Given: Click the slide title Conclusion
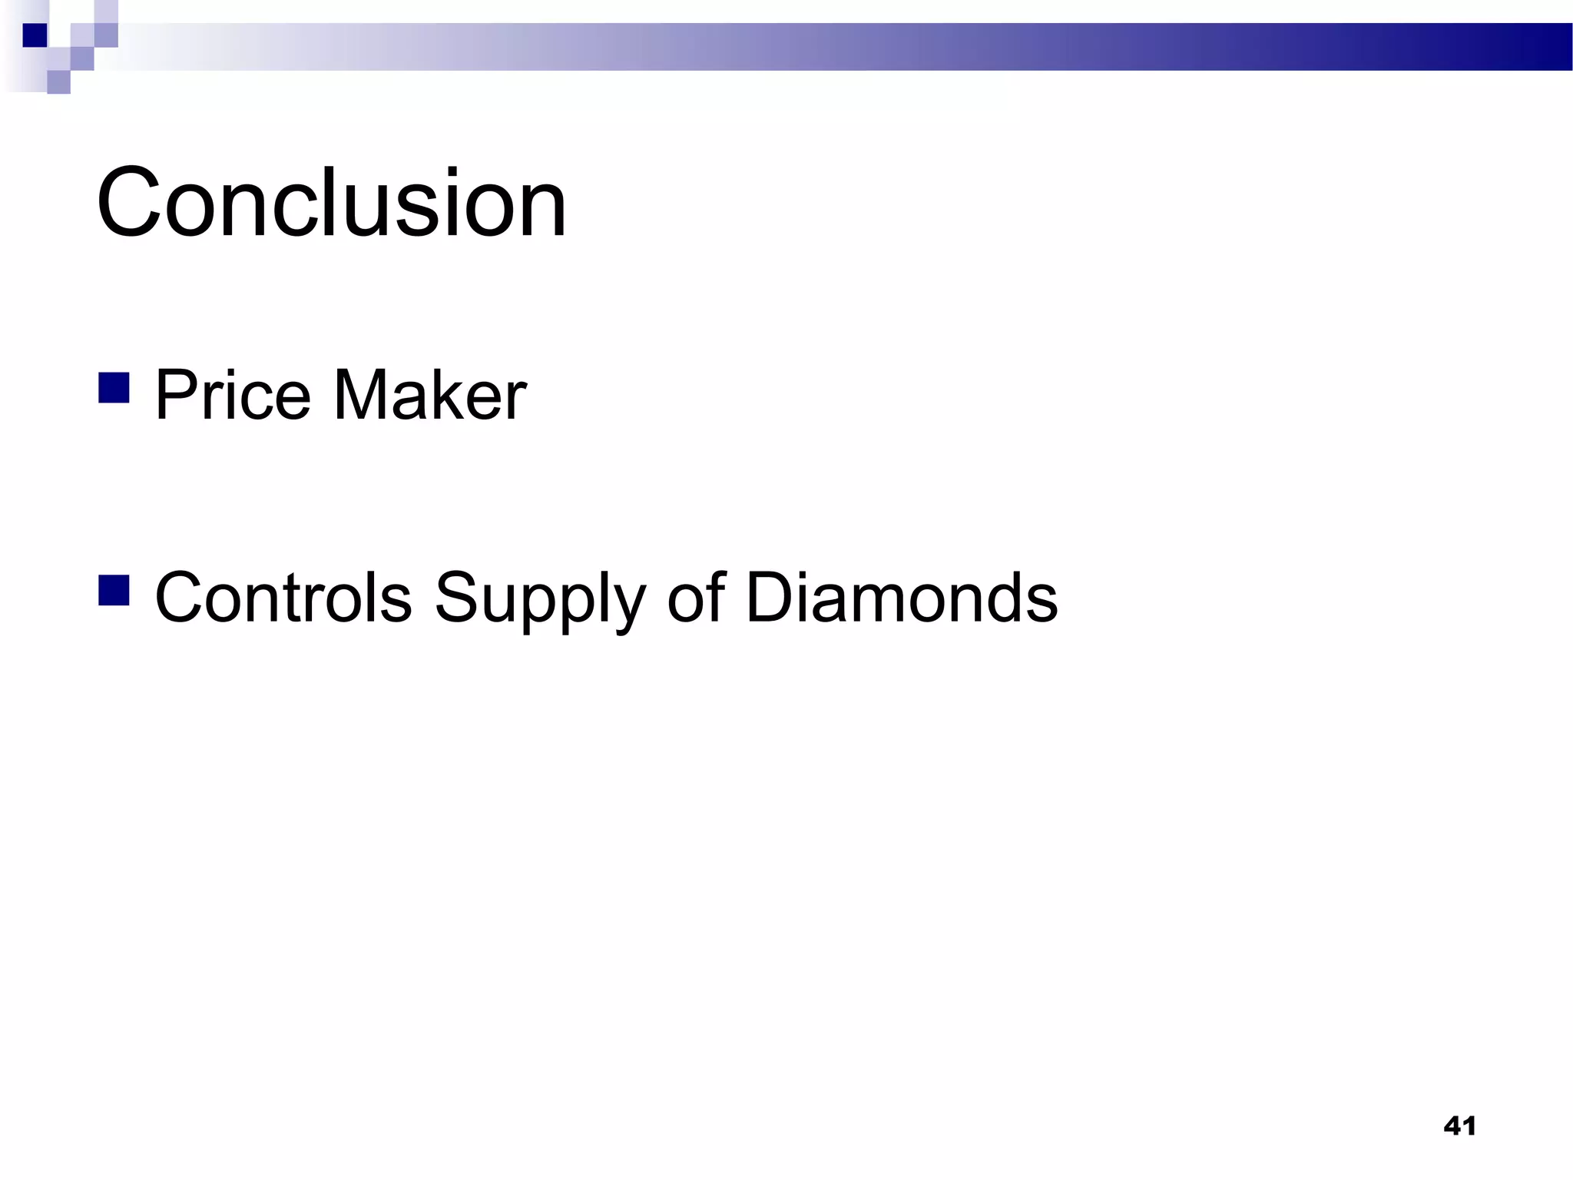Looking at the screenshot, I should (x=331, y=203).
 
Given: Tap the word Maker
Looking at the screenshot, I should (x=429, y=395).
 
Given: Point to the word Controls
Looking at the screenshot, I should (x=283, y=597).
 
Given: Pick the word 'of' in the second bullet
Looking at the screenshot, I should (x=696, y=597).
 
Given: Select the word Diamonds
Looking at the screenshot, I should (x=902, y=597).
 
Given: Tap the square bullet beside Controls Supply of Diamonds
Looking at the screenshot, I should (x=114, y=590).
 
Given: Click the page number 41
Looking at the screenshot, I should (x=1459, y=1126).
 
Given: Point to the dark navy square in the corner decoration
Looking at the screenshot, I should (x=35, y=35).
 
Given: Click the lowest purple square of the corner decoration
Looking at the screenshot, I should (x=58, y=81).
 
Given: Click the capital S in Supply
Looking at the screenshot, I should (x=455, y=597).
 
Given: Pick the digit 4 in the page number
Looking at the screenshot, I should (x=1452, y=1126).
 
